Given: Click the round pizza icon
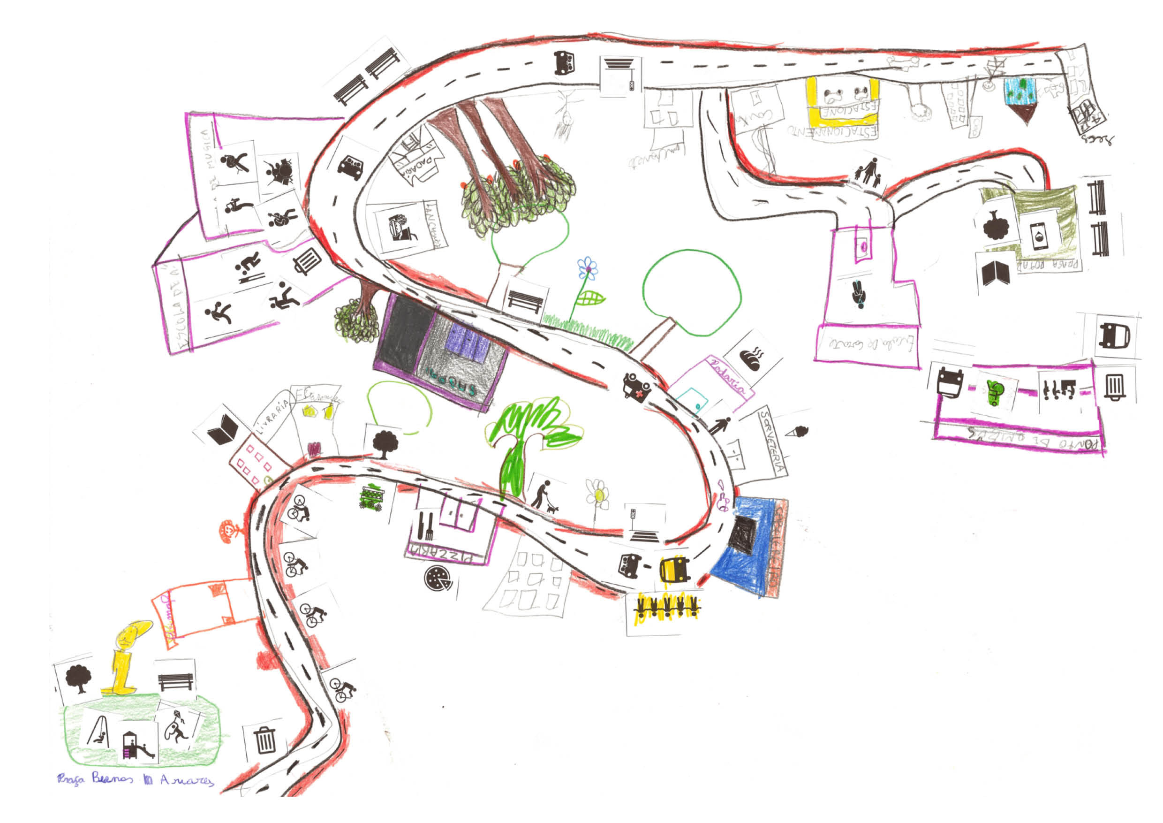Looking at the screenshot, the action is (x=437, y=577).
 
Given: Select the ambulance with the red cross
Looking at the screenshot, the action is (x=636, y=387).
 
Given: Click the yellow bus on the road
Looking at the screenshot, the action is (x=674, y=570).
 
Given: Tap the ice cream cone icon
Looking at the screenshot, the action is (x=799, y=432).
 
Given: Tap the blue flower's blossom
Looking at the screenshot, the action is (x=587, y=267).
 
